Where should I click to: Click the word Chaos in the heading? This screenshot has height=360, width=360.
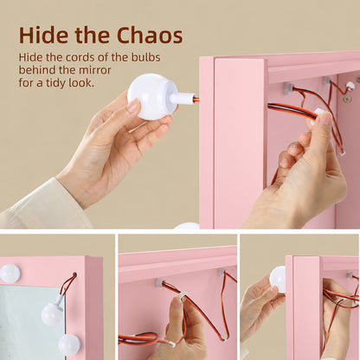150,35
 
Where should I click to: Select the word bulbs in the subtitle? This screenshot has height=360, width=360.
146,57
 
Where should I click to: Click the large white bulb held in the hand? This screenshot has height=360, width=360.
152,96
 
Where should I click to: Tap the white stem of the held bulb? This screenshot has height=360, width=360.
183,99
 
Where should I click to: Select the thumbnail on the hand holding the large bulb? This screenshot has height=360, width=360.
133,105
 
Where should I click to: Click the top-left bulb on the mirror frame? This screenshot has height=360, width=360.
10,273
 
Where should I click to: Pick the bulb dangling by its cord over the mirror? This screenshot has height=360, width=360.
52,314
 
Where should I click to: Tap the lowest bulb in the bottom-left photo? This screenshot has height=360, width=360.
69,344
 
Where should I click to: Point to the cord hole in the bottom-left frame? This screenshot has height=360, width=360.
74,274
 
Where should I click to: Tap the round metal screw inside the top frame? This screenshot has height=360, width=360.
347,100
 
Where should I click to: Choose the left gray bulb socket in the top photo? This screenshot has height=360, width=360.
287,88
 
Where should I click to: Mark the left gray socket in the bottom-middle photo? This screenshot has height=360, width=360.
160,283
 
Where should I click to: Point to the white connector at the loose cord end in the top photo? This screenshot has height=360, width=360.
342,153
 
